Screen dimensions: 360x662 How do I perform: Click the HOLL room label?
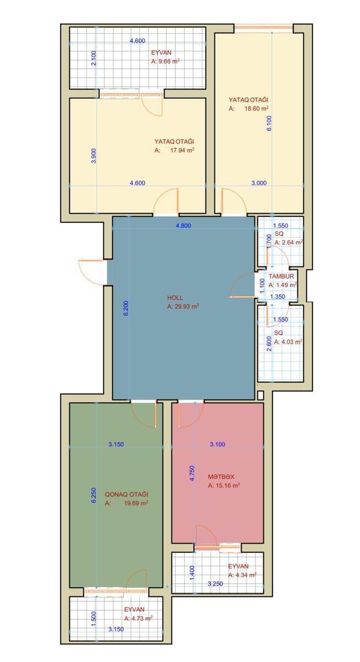point(175,297)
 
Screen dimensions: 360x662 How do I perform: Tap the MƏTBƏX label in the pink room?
point(221,477)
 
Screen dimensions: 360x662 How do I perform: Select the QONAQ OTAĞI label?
point(127,494)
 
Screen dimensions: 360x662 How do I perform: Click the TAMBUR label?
point(281,276)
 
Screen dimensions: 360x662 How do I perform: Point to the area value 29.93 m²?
point(186,307)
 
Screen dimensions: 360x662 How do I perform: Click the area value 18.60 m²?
point(256,109)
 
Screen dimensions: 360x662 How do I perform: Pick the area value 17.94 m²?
point(182,150)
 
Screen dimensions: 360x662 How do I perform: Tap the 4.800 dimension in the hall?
point(184,226)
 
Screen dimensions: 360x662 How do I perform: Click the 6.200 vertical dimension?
point(126,308)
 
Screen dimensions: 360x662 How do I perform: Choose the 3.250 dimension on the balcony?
point(216,584)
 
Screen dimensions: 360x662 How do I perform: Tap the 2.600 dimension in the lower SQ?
point(269,344)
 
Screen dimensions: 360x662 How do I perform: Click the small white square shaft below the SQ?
point(260,395)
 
